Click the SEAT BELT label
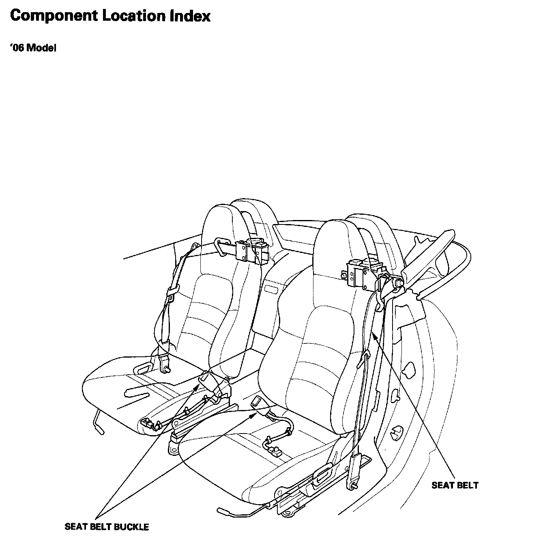point(455,485)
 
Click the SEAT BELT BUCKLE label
point(107,527)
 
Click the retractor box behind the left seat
point(252,250)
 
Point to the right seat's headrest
point(339,244)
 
